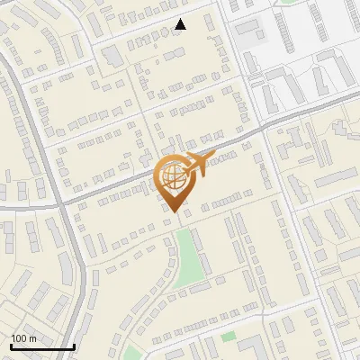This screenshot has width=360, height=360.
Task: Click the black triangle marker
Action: (x=180, y=24)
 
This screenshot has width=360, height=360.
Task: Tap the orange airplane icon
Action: (x=200, y=164)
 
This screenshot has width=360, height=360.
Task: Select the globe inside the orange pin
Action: (x=172, y=176)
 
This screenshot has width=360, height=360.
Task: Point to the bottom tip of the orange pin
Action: (x=174, y=213)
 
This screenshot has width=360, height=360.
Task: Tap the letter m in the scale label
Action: (x=33, y=338)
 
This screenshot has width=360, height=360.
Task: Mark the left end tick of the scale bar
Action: (x=10, y=346)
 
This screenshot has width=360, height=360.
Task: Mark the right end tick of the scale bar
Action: (x=74, y=346)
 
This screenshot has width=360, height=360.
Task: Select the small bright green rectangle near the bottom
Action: (x=229, y=337)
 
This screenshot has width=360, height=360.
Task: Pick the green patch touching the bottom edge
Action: (x=132, y=353)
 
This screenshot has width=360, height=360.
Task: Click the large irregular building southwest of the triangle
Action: (x=112, y=57)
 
